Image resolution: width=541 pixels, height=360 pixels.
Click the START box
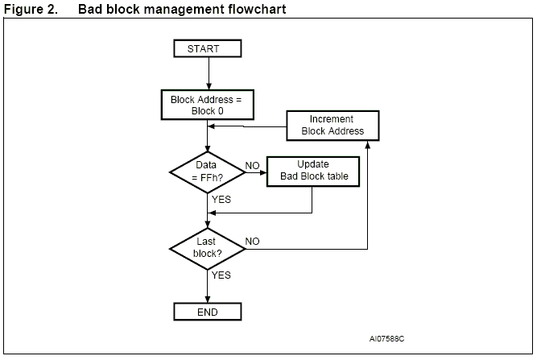(x=208, y=48)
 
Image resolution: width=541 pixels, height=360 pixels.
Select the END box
(x=208, y=311)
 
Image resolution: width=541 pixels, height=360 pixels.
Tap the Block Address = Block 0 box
(x=208, y=106)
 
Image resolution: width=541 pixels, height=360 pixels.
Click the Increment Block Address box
(x=332, y=125)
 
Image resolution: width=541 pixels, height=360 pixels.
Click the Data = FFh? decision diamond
(x=208, y=171)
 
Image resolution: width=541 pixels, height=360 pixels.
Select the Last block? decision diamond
(x=208, y=247)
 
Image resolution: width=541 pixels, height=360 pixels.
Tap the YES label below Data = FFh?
(x=221, y=198)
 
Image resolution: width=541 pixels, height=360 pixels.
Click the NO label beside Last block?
(x=253, y=241)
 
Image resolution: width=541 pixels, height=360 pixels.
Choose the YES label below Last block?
(x=221, y=275)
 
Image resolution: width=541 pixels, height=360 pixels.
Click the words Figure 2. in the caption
(x=31, y=9)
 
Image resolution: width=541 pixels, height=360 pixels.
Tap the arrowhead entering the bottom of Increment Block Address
(x=368, y=143)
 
